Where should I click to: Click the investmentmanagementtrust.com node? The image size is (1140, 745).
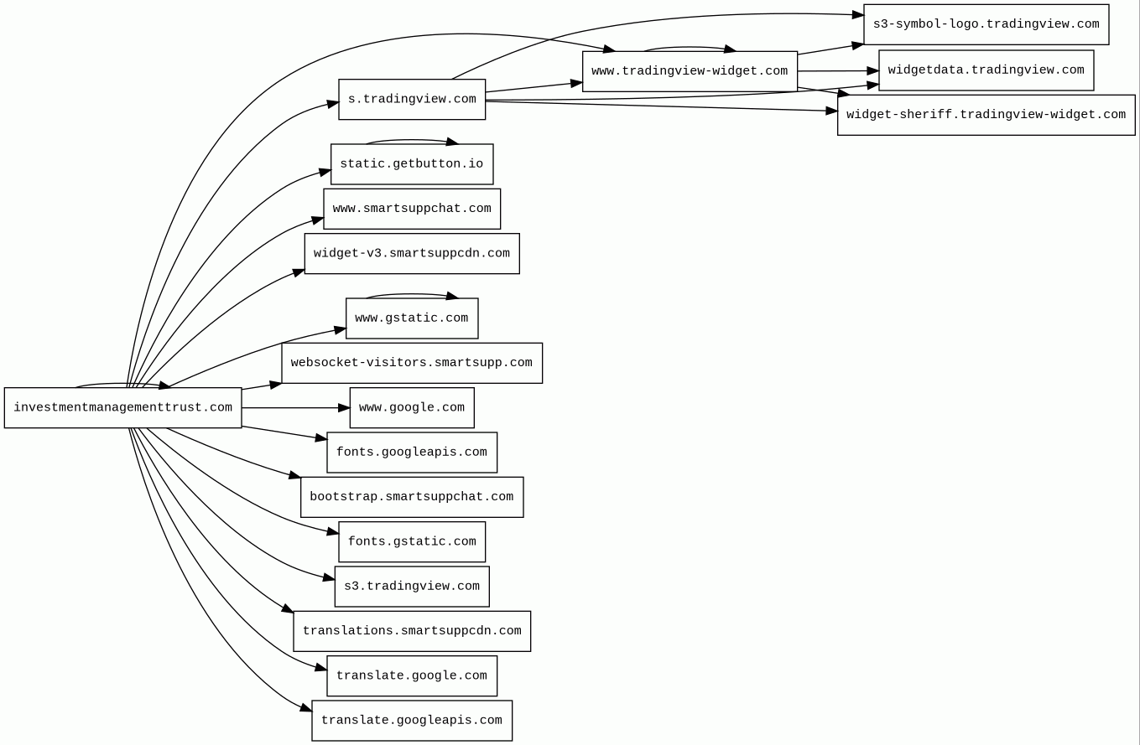[x=122, y=408]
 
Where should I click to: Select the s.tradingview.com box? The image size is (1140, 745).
[x=412, y=100]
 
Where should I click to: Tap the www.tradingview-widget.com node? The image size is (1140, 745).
[x=690, y=71]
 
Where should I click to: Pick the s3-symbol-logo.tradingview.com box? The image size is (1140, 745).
[x=986, y=24]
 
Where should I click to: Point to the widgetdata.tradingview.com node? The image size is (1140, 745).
[x=986, y=70]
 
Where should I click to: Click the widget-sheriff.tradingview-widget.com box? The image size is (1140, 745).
[x=986, y=115]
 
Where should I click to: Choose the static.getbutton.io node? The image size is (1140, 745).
[x=412, y=164]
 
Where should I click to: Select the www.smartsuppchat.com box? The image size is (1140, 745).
[x=412, y=209]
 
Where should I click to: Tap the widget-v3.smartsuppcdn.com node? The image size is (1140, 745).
[x=412, y=254]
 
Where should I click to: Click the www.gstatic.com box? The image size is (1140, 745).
[x=412, y=318]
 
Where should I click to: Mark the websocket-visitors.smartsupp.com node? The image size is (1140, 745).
[x=412, y=363]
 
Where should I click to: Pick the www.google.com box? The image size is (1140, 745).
[x=412, y=408]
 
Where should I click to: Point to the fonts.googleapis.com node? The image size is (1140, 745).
[x=412, y=453]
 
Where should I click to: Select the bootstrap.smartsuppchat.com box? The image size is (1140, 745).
[x=412, y=497]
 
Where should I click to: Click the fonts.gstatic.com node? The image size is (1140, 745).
[x=412, y=542]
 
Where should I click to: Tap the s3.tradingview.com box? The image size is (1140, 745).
[x=412, y=587]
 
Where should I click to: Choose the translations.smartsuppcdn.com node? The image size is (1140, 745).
[x=412, y=631]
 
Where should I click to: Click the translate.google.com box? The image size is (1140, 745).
[x=412, y=676]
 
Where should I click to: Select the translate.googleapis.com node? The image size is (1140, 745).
[x=412, y=721]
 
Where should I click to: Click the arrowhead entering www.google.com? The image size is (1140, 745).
[x=345, y=408]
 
